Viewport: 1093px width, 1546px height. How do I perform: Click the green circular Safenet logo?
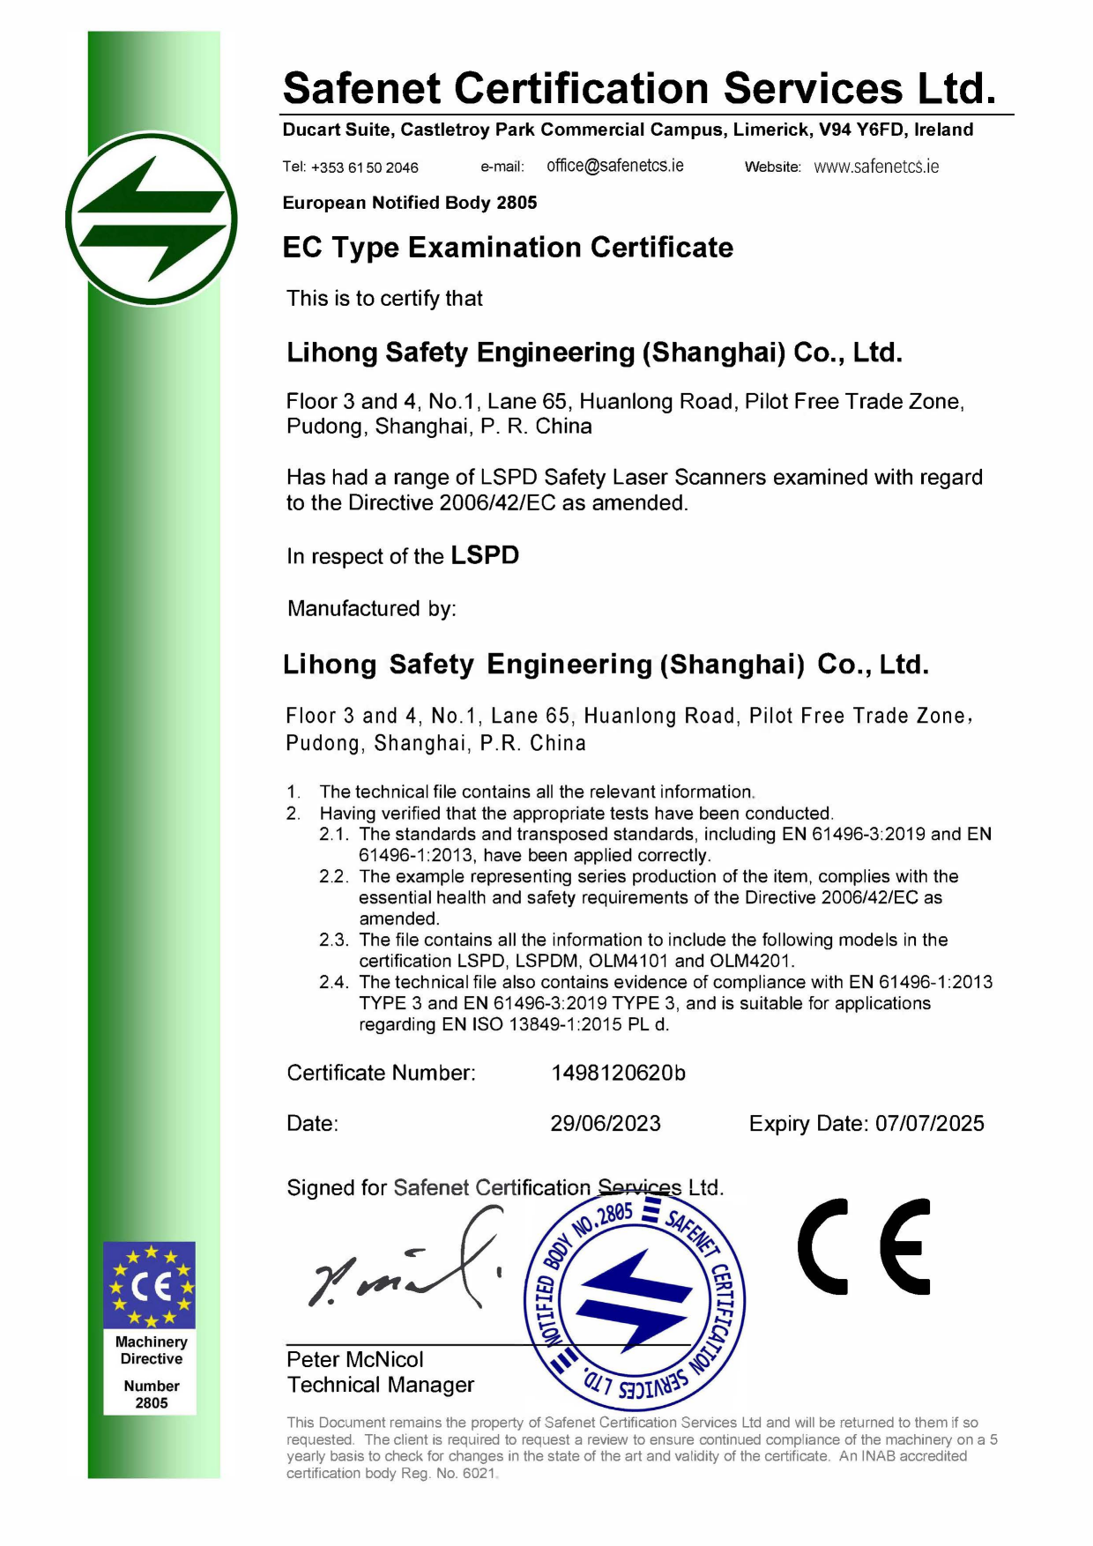(x=152, y=219)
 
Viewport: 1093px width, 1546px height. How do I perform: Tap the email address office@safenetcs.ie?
(x=614, y=166)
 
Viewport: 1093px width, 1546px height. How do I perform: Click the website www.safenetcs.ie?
(x=876, y=167)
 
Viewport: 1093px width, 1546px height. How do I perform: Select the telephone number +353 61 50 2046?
(x=364, y=167)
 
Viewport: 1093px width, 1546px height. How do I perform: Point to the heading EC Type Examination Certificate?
(x=508, y=248)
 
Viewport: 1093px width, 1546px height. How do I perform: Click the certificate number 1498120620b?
(x=618, y=1073)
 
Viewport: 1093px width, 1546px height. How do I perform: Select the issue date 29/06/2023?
(x=606, y=1123)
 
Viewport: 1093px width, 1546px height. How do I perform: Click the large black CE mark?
(x=864, y=1246)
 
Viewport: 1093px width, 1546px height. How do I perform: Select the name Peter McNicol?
(x=355, y=1359)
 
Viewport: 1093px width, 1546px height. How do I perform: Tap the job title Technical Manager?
(x=381, y=1385)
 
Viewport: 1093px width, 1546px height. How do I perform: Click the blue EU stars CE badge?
(x=150, y=1285)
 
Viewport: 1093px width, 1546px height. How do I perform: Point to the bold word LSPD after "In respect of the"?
(x=485, y=555)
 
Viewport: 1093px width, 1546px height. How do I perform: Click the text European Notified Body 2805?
(x=410, y=203)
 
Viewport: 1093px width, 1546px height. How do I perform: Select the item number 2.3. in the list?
(x=334, y=940)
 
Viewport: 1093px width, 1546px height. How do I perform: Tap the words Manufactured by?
(x=372, y=608)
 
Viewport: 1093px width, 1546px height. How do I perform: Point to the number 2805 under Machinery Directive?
(x=152, y=1402)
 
